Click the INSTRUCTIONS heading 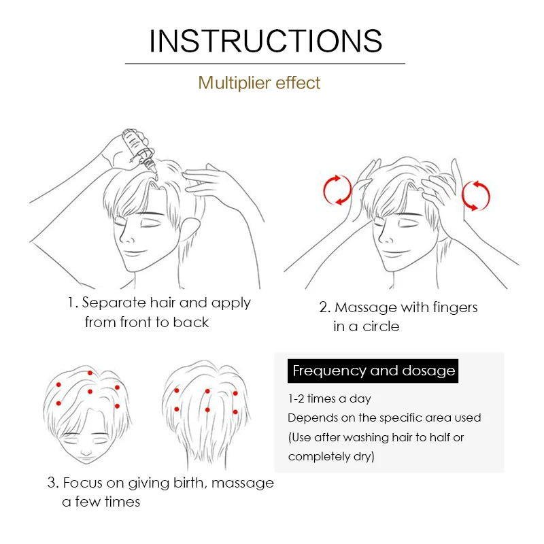[266, 41]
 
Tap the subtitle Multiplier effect [259, 83]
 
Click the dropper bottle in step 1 [139, 149]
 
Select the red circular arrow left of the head [337, 190]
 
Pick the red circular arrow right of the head [475, 196]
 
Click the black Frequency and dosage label [373, 371]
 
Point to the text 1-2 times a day [329, 398]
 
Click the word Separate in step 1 [114, 303]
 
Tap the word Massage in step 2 [366, 308]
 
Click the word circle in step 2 [381, 326]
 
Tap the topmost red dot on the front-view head [90, 373]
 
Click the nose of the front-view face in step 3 [86, 452]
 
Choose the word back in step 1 [191, 322]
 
